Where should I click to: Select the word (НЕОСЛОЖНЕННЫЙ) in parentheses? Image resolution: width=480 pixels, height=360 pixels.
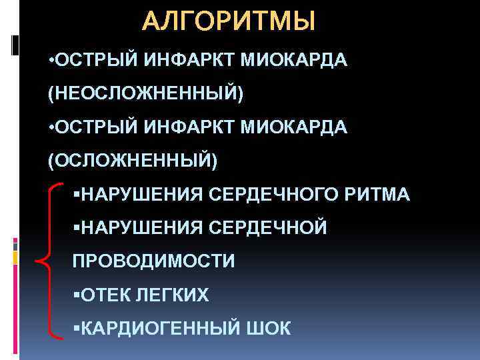pos(146,94)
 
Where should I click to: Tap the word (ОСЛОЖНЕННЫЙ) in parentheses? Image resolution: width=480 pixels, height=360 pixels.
pos(132,160)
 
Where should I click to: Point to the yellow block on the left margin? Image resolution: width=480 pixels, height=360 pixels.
pos(14,257)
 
